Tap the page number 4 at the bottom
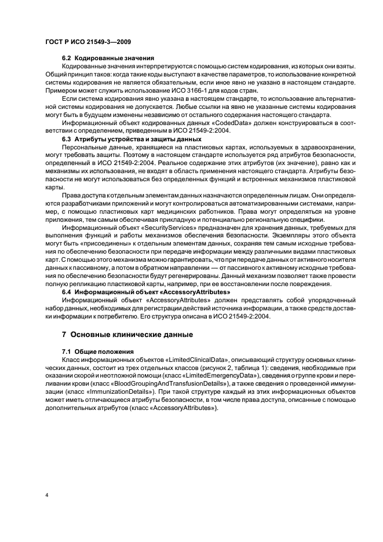pos(47,495)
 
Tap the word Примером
pos(63,91)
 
